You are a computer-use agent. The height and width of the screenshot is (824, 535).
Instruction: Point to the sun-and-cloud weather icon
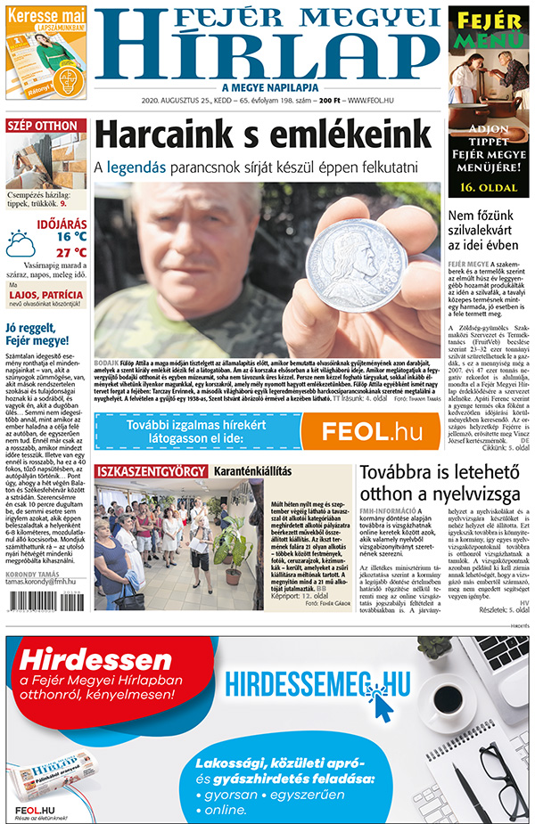21,243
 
